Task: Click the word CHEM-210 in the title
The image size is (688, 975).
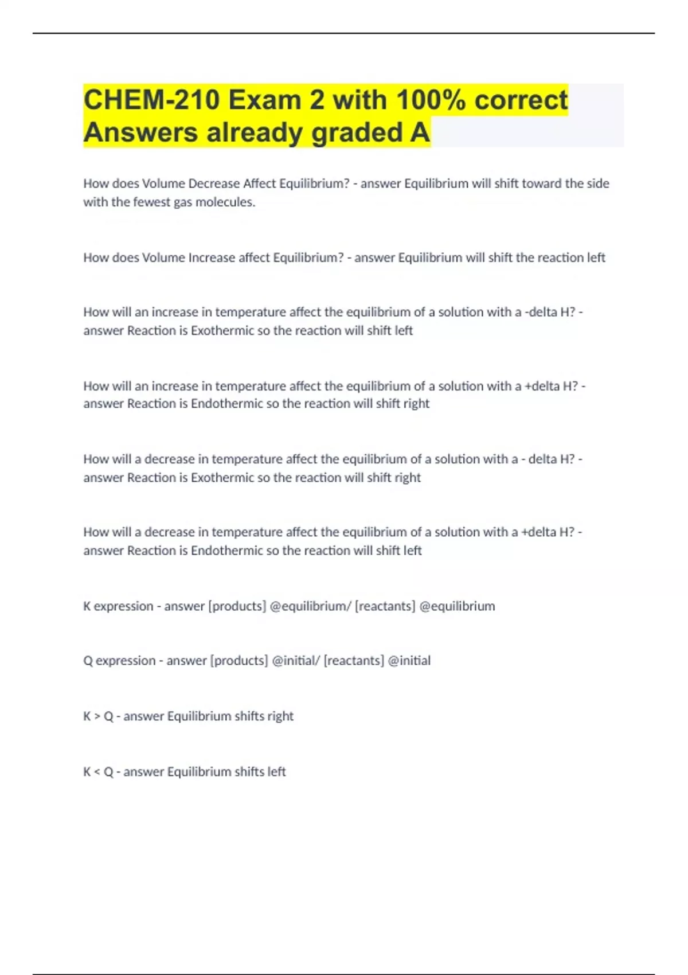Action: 151,100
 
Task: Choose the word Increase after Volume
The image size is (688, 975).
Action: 212,258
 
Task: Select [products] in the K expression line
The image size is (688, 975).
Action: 237,606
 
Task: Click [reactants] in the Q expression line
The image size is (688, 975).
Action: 354,661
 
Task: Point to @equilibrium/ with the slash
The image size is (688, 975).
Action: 310,606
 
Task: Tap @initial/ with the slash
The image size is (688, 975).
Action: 296,661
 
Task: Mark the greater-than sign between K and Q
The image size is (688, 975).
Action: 97,716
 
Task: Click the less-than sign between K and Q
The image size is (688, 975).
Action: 97,772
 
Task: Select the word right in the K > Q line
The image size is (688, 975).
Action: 280,716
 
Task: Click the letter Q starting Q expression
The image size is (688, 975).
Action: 88,661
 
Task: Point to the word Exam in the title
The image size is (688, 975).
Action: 265,100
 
